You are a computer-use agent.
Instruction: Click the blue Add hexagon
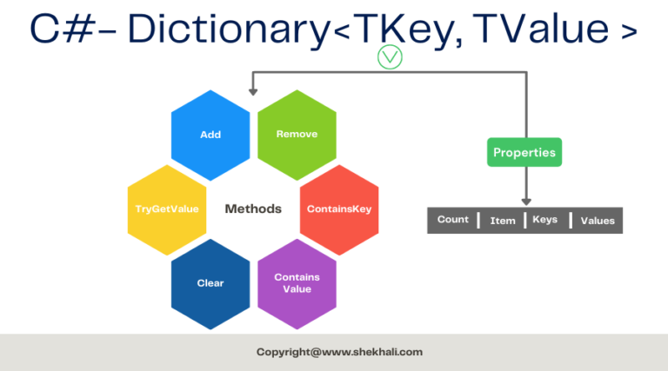[x=210, y=135]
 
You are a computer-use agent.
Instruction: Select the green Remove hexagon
[x=297, y=135]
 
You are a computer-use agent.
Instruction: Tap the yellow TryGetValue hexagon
[x=167, y=209]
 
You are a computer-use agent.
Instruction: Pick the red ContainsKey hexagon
[x=339, y=209]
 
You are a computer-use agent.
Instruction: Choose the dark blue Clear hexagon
[x=210, y=284]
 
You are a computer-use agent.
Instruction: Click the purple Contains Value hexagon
[x=297, y=284]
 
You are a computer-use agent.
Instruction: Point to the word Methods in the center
[x=253, y=209]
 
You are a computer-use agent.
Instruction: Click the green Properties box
[x=524, y=152]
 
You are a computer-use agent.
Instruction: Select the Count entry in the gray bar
[x=452, y=220]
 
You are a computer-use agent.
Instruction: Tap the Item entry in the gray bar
[x=503, y=221]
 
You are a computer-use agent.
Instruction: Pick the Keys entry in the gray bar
[x=544, y=220]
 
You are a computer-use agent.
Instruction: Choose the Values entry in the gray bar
[x=598, y=221]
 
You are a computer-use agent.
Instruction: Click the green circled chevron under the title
[x=390, y=57]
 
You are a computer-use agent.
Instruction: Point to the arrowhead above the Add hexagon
[x=253, y=92]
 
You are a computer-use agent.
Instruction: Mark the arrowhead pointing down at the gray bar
[x=526, y=202]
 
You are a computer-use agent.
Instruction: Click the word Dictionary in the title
[x=229, y=30]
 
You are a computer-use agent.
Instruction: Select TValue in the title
[x=541, y=28]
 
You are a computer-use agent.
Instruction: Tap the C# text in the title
[x=63, y=29]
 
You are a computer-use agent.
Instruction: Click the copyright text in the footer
[x=339, y=352]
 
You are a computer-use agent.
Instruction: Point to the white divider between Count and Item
[x=478, y=221]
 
